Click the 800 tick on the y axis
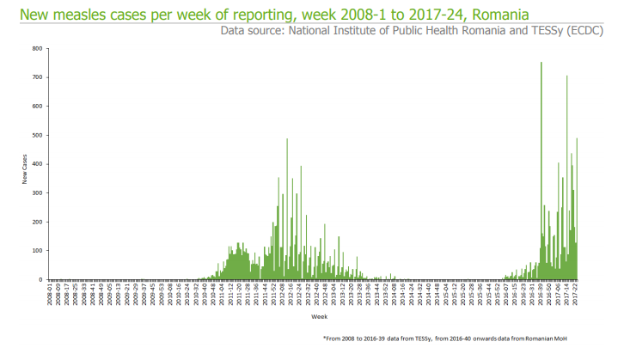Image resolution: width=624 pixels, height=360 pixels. tap(38, 48)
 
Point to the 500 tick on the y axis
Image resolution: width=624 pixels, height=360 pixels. tap(38, 135)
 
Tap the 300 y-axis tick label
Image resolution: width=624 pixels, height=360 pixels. tap(38, 192)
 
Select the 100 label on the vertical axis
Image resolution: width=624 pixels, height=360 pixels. tap(38, 250)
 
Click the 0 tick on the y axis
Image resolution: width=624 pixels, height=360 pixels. tap(40, 279)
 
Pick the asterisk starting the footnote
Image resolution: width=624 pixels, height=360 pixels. tap(325, 339)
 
